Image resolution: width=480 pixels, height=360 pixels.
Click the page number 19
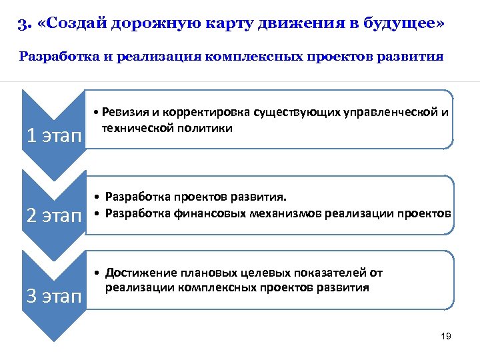[446, 336]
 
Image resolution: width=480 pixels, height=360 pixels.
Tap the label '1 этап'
[53, 137]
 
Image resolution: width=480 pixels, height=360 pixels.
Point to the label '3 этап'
[53, 296]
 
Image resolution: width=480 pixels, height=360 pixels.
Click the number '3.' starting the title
[24, 27]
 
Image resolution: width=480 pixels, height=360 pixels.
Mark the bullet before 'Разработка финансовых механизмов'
[97, 213]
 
